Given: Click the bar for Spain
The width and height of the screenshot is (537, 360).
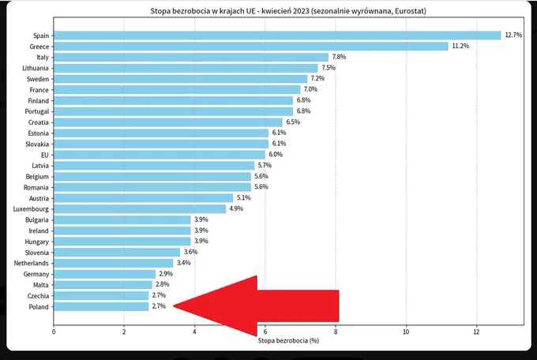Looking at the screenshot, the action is (x=277, y=36).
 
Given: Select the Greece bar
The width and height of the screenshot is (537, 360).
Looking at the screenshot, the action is (x=251, y=47).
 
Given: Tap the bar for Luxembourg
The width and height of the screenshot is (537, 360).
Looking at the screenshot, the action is (x=140, y=209).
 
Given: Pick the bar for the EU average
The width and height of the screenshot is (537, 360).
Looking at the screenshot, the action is (x=160, y=155).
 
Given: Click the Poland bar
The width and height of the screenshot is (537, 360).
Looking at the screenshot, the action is (x=101, y=306).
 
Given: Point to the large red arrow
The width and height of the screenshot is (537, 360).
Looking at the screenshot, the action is (x=256, y=306).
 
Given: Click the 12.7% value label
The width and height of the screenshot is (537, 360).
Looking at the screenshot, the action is (x=513, y=35).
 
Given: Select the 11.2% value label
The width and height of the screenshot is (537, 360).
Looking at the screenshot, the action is (x=460, y=46).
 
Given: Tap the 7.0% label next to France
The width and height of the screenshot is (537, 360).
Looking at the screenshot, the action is (x=310, y=89).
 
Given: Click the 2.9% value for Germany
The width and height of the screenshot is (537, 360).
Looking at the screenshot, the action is (x=166, y=274).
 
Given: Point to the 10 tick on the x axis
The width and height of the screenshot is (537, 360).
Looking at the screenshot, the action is (x=406, y=332).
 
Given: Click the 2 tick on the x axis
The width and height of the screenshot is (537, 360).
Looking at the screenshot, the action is (x=124, y=332).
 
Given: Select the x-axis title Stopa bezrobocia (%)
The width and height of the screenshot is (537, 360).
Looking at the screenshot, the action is (x=288, y=340).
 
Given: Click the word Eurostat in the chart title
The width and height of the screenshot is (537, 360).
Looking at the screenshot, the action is (x=410, y=11).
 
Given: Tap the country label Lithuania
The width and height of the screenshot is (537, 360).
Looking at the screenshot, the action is (x=36, y=68).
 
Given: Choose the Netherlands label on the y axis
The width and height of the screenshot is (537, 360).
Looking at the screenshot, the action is (x=31, y=263).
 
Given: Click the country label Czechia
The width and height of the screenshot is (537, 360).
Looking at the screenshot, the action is (x=38, y=296).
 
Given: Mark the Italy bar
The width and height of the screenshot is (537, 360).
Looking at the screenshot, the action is (x=191, y=57).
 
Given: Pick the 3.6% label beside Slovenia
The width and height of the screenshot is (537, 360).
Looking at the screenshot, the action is (x=191, y=252).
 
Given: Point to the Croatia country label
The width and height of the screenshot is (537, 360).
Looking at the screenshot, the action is (x=39, y=122).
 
